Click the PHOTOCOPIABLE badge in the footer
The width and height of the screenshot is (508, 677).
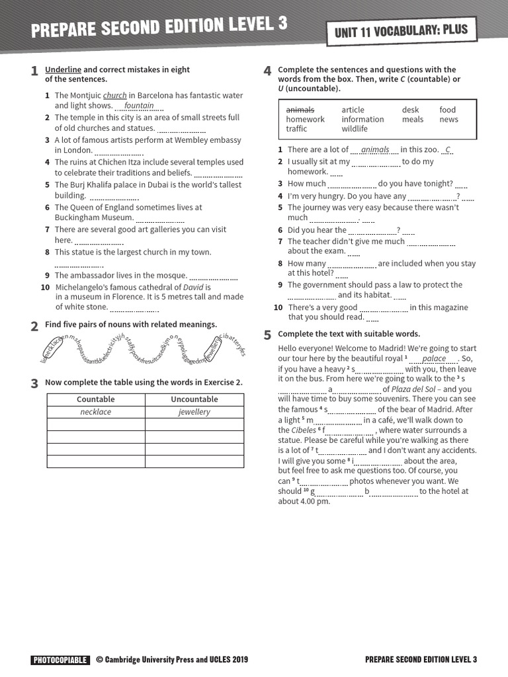[60, 660]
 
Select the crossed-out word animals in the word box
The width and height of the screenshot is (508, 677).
[300, 110]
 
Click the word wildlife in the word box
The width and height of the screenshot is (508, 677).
[355, 129]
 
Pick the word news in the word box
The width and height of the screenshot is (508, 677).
[448, 120]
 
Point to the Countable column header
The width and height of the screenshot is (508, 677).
[95, 399]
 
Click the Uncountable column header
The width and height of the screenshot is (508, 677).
[194, 399]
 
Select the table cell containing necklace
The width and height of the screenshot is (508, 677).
[95, 412]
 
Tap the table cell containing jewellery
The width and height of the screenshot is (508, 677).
[194, 412]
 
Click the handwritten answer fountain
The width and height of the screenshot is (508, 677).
[139, 106]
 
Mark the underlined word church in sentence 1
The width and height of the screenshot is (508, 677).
[114, 95]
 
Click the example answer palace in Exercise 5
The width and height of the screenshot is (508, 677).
[434, 359]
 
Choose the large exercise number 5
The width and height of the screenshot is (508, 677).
[267, 335]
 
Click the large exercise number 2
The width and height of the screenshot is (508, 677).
[34, 326]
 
